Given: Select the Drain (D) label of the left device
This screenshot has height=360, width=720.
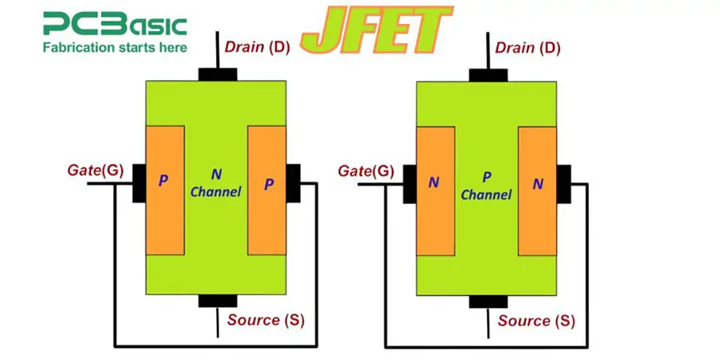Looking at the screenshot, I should [258, 48].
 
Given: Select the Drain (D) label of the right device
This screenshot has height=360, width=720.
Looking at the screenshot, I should [528, 48].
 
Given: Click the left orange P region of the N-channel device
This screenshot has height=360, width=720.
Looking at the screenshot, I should [164, 190].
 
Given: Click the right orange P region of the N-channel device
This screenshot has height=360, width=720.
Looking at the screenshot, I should [267, 190].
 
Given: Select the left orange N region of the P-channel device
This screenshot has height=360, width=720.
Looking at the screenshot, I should [435, 190].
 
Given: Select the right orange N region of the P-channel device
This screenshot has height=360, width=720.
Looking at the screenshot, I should [538, 190].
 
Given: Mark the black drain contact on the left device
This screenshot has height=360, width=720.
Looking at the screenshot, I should [218, 74].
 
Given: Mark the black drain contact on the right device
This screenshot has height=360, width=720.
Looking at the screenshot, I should [488, 74].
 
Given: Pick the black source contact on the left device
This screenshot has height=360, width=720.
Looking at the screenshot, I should [218, 301].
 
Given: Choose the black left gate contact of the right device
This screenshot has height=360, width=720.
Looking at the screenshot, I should [409, 183].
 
